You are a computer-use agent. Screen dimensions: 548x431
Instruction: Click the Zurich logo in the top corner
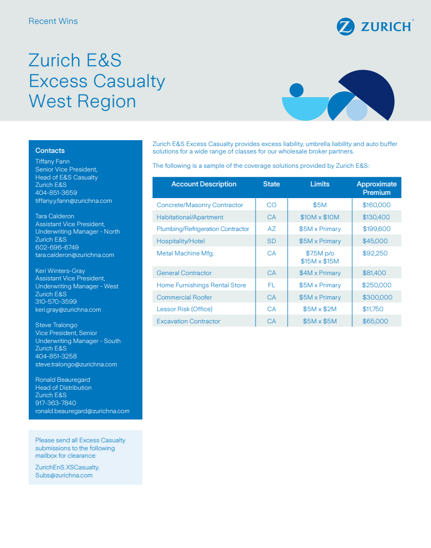[x=374, y=26]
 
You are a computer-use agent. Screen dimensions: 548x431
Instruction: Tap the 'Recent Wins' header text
[x=53, y=21]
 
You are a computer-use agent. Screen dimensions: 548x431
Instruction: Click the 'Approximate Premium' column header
[x=376, y=188]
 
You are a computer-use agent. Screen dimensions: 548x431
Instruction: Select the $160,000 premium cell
[x=376, y=205]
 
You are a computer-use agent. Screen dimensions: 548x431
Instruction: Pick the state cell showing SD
[x=272, y=241]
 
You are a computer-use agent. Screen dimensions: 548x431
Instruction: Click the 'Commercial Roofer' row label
[x=184, y=297]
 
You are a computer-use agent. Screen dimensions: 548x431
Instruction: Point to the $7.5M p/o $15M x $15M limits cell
[x=319, y=257]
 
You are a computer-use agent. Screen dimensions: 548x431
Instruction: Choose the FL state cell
[x=272, y=285]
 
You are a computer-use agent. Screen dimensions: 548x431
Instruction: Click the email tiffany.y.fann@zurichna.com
[x=73, y=201]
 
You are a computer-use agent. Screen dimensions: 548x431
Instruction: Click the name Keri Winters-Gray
[x=60, y=271]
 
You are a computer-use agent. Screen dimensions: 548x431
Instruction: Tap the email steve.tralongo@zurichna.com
[x=76, y=364]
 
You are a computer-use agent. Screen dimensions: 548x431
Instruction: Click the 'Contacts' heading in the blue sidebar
[x=50, y=151]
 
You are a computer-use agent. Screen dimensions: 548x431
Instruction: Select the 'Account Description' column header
[x=204, y=184]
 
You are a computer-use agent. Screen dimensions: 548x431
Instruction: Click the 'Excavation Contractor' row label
[x=189, y=321]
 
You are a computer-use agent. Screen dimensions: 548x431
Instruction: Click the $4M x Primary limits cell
[x=319, y=273]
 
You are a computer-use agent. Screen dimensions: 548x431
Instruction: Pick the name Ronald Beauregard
[x=63, y=380]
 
